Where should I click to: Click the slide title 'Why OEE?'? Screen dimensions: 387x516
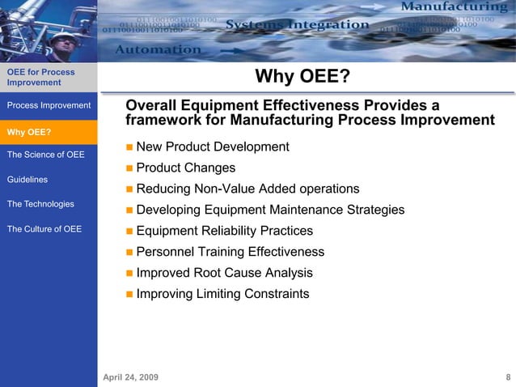point(302,77)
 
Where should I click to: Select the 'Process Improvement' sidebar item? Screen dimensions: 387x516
point(49,105)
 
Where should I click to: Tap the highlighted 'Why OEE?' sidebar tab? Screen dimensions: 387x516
point(29,132)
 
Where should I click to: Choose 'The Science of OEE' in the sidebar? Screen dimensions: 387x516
point(45,155)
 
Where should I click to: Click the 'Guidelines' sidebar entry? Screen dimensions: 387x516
point(27,180)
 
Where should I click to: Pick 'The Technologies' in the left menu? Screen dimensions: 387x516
point(40,204)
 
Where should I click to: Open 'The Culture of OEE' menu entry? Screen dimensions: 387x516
point(44,229)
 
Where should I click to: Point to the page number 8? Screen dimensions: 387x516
point(507,377)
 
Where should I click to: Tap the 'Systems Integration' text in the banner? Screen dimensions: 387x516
point(297,25)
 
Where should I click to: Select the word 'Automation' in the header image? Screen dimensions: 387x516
point(159,49)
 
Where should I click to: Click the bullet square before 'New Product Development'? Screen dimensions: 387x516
point(130,148)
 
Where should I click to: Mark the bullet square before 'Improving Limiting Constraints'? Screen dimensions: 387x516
point(130,295)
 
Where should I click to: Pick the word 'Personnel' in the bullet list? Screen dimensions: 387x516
point(165,252)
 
